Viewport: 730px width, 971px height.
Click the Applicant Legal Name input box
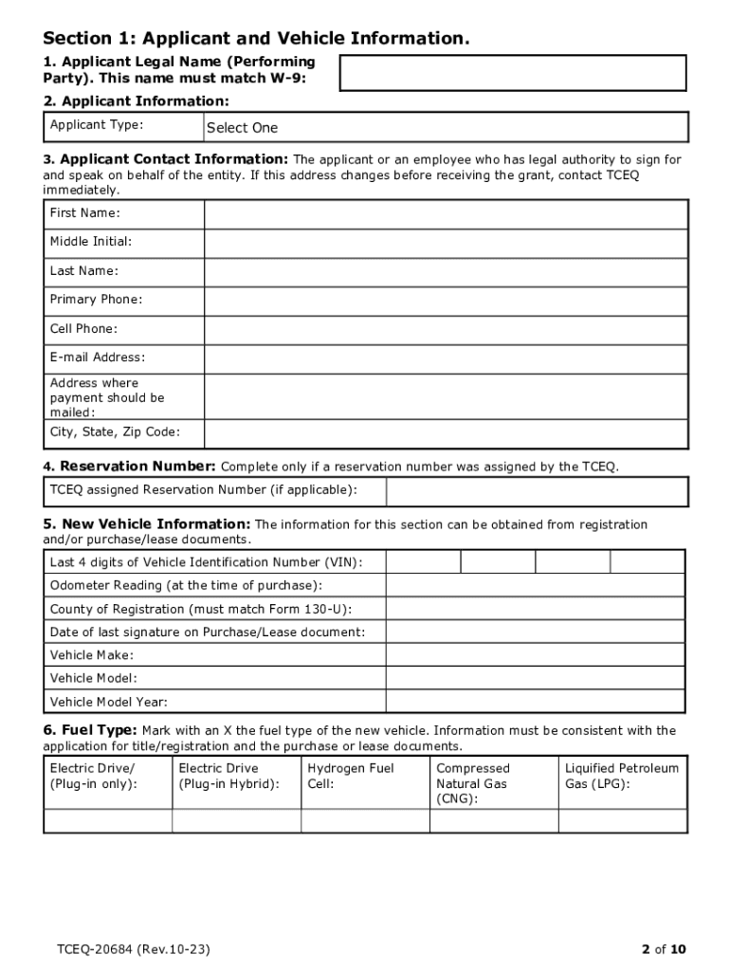(512, 73)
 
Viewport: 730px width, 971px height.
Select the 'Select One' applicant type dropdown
(446, 127)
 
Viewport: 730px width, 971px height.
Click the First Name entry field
(446, 214)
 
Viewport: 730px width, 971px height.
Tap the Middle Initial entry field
(446, 243)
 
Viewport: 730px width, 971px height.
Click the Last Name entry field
(446, 272)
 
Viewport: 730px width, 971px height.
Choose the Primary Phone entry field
(446, 301)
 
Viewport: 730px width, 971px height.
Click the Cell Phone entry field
(446, 330)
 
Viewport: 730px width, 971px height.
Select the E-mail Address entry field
(446, 358)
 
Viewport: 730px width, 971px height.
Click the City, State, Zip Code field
(446, 434)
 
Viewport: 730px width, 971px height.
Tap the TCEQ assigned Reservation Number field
(537, 491)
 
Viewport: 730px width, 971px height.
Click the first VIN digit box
(423, 562)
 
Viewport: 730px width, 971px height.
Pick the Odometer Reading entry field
(535, 586)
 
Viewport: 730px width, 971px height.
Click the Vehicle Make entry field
(535, 655)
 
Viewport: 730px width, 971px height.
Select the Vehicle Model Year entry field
(535, 703)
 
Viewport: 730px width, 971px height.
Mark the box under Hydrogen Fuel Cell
(365, 821)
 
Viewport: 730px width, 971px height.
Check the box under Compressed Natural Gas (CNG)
(494, 821)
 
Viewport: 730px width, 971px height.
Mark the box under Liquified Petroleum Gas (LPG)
(623, 821)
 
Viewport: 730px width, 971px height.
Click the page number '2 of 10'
(663, 949)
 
